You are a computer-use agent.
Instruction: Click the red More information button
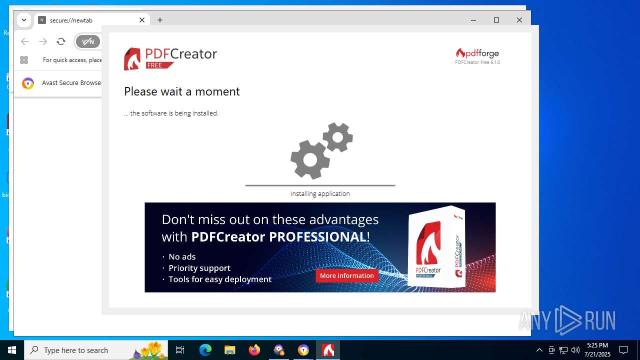pyautogui.click(x=347, y=275)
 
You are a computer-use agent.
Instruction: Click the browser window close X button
pyautogui.click(x=519, y=20)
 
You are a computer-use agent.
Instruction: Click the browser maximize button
pyautogui.click(x=496, y=20)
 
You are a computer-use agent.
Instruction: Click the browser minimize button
pyautogui.click(x=473, y=20)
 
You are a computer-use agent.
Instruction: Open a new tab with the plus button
pyautogui.click(x=160, y=20)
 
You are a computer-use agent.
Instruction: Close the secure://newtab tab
pyautogui.click(x=142, y=20)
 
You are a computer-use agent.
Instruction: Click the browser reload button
pyautogui.click(x=61, y=41)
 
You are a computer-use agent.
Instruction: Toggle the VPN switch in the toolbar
pyautogui.click(x=88, y=41)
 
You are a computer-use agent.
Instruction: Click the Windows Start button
pyautogui.click(x=12, y=350)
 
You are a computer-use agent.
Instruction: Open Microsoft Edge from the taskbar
pyautogui.click(x=205, y=350)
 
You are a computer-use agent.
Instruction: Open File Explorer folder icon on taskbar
pyautogui.click(x=229, y=350)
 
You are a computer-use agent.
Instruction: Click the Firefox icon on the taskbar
pyautogui.click(x=254, y=350)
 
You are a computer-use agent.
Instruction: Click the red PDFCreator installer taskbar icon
pyautogui.click(x=328, y=350)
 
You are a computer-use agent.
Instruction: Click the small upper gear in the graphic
pyautogui.click(x=337, y=136)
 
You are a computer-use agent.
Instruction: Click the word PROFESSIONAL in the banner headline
pyautogui.click(x=317, y=236)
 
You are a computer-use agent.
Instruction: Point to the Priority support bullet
pyautogui.click(x=199, y=268)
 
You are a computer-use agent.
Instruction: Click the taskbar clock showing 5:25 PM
pyautogui.click(x=597, y=350)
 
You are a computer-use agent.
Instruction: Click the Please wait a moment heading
pyautogui.click(x=182, y=91)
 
